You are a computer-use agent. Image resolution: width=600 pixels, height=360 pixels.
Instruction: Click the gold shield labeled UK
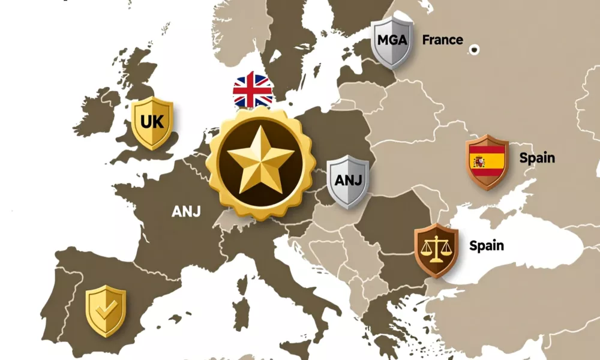point(152,123)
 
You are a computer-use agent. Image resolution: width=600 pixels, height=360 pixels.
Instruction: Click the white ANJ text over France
point(187,211)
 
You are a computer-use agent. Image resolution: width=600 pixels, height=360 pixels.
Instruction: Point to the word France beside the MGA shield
point(443,40)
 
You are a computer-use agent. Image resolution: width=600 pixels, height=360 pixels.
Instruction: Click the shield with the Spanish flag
point(487,162)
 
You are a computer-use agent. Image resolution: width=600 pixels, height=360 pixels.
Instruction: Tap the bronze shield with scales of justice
point(436,250)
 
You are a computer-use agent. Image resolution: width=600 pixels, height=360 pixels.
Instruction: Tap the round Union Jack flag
point(253,90)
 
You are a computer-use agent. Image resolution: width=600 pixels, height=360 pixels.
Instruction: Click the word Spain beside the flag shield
point(537,158)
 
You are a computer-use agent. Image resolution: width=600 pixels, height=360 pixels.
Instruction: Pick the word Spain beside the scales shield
point(487,245)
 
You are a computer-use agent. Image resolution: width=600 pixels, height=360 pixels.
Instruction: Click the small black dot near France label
point(475,49)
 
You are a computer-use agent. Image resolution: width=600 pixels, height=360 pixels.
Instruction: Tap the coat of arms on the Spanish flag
point(478,161)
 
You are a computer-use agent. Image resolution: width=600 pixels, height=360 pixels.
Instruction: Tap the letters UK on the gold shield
point(152,121)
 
